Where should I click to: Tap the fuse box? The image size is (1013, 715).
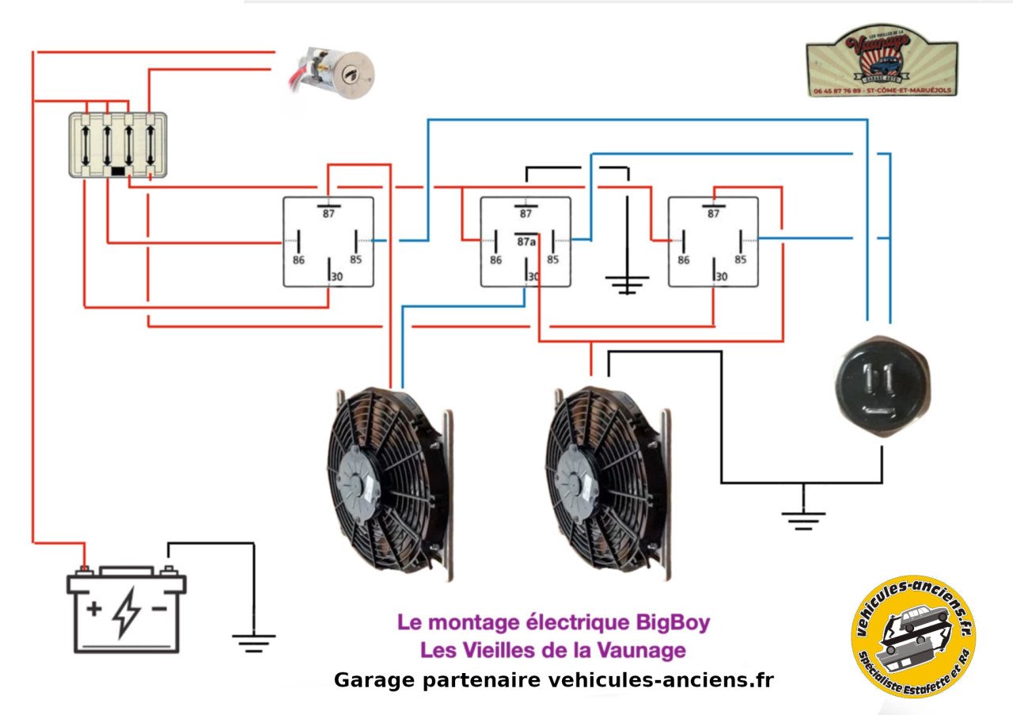point(117,144)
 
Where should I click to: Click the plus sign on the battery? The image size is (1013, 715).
point(94,609)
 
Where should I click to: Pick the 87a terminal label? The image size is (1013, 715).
point(525,241)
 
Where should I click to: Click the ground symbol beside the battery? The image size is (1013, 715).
point(253,641)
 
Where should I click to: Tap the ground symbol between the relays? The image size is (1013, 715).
point(627,283)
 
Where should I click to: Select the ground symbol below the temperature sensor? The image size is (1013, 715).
point(803,519)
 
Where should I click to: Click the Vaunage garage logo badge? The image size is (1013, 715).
point(882,61)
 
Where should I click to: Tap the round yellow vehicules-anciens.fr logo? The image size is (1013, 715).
point(913,636)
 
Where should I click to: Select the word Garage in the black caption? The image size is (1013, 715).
point(368,679)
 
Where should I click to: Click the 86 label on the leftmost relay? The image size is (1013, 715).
point(298,259)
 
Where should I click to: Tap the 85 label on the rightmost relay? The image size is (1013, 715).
point(740,259)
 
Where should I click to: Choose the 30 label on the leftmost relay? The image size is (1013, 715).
point(336,276)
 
